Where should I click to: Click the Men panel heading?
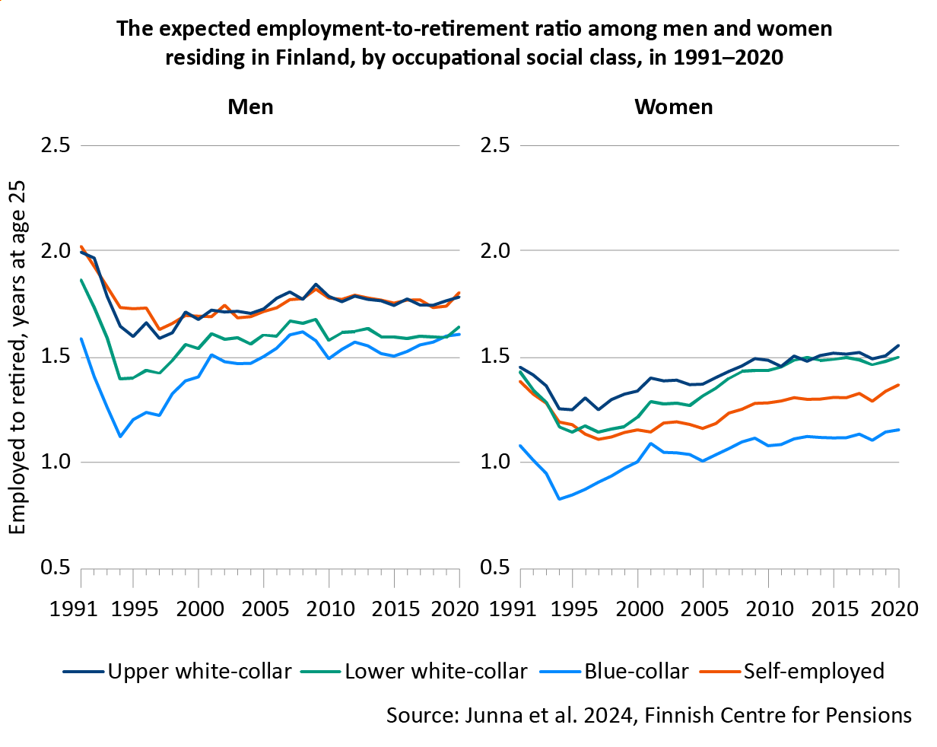click(250, 106)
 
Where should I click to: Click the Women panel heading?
click(674, 106)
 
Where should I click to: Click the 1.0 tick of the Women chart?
click(495, 463)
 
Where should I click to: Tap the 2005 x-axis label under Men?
click(263, 609)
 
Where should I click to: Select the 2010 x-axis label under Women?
click(768, 609)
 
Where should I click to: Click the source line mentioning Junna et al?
click(648, 715)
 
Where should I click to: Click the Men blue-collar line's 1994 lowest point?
click(120, 437)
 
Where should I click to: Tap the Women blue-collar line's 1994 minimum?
click(560, 499)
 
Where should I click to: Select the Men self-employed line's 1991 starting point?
click(81, 246)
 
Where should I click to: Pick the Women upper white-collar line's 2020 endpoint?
click(898, 345)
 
